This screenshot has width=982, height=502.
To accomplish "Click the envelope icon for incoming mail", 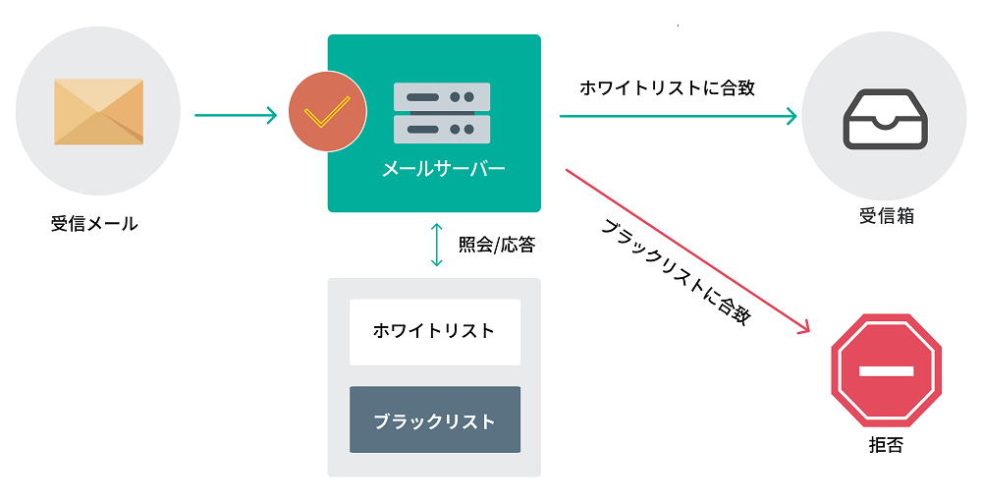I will (98, 112).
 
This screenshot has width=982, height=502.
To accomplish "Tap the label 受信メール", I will (94, 224).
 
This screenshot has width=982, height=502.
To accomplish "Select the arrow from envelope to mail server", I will (236, 116).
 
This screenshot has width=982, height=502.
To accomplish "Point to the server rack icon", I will (441, 113).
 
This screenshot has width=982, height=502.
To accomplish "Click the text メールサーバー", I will (443, 169).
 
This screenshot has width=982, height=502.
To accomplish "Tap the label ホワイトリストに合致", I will (667, 87).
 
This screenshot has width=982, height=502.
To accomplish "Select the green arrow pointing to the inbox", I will (678, 117).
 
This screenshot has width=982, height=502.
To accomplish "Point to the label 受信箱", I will (886, 216).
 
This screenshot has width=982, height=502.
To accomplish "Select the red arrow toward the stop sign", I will (687, 251).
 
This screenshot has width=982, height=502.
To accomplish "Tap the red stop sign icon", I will (886, 371).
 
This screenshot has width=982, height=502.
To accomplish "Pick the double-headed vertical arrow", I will (437, 245).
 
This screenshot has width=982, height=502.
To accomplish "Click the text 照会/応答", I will (497, 245).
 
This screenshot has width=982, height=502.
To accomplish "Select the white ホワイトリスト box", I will (434, 331).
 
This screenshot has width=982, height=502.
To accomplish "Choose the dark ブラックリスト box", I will (434, 420).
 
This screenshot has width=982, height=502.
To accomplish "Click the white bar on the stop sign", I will (886, 371).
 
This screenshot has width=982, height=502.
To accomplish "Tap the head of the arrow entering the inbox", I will (791, 117).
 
